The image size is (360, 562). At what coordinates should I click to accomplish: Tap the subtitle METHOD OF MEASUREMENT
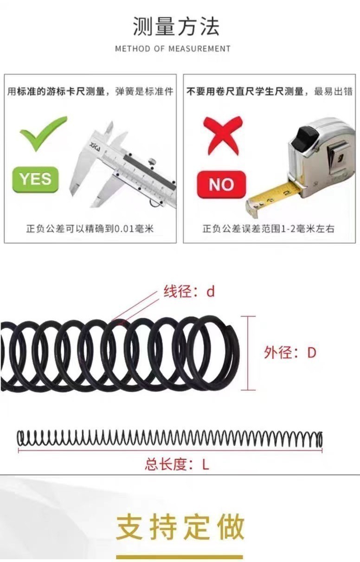(173, 49)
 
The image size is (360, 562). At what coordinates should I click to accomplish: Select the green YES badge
(35, 179)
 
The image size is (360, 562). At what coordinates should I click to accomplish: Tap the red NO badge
(221, 185)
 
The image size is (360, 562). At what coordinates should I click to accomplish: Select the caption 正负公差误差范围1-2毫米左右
(268, 229)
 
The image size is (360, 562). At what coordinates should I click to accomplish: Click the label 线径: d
(189, 292)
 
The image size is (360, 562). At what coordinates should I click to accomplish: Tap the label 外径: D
(290, 352)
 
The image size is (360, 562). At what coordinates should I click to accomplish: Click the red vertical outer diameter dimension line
(248, 353)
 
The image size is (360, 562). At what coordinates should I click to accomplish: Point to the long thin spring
(169, 439)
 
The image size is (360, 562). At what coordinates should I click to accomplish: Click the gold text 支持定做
(180, 527)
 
